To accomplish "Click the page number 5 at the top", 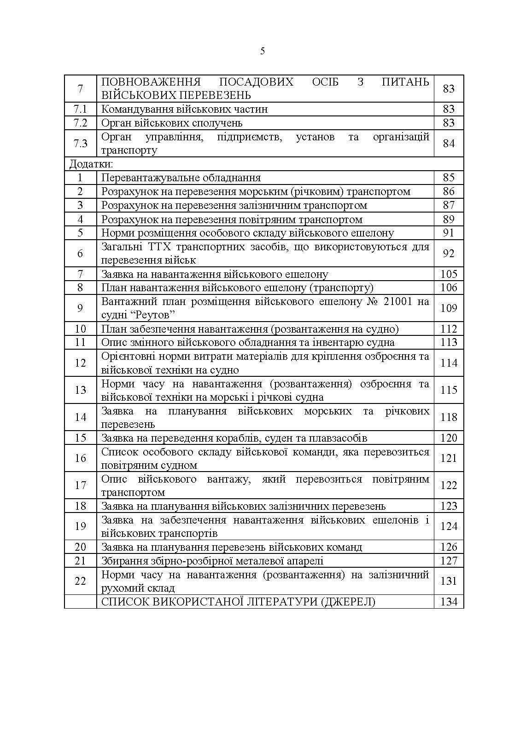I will point(263,51).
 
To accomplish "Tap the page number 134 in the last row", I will point(449,602).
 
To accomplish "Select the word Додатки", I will point(91,164).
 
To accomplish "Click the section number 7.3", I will point(80,144).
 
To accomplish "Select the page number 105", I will point(449,274).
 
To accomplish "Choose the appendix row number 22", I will point(80,581).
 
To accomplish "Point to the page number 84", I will point(449,144).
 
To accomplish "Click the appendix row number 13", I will point(80,390).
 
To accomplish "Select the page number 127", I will point(449,561).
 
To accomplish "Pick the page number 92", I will point(449,253).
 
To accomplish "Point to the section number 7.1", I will point(80,109).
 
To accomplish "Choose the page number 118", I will point(449,417).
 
